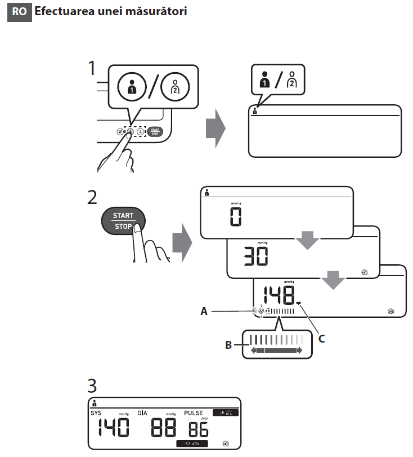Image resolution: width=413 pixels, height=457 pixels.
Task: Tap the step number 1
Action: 94,70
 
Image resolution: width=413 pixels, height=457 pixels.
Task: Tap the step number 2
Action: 93,198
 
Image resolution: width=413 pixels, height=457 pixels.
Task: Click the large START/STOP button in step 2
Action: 123,221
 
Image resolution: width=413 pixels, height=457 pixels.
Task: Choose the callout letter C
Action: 322,339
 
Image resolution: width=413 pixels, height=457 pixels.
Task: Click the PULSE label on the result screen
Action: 195,413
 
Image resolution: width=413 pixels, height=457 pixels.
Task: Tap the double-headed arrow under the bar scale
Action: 276,350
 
